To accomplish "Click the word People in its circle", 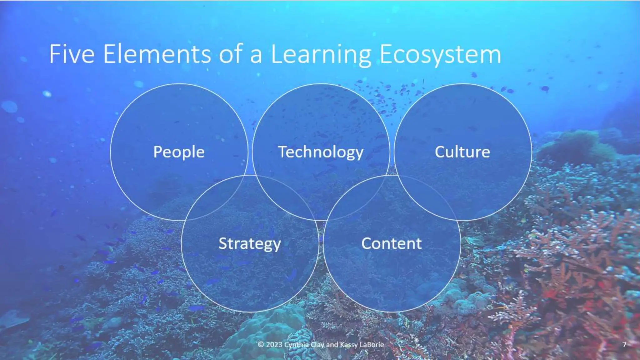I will [x=179, y=152].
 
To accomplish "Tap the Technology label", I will [x=321, y=152].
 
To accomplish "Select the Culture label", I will [x=462, y=152].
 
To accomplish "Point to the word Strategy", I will [x=250, y=244].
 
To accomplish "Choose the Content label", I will [x=391, y=243].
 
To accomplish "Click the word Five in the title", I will [x=72, y=54].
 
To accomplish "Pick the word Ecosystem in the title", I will [x=440, y=55].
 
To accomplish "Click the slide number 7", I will [x=624, y=344].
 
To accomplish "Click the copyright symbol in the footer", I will [x=261, y=344].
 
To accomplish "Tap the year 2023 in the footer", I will [x=274, y=344].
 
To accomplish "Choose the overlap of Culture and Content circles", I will [x=427, y=197].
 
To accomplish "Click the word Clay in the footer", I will [x=317, y=345].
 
